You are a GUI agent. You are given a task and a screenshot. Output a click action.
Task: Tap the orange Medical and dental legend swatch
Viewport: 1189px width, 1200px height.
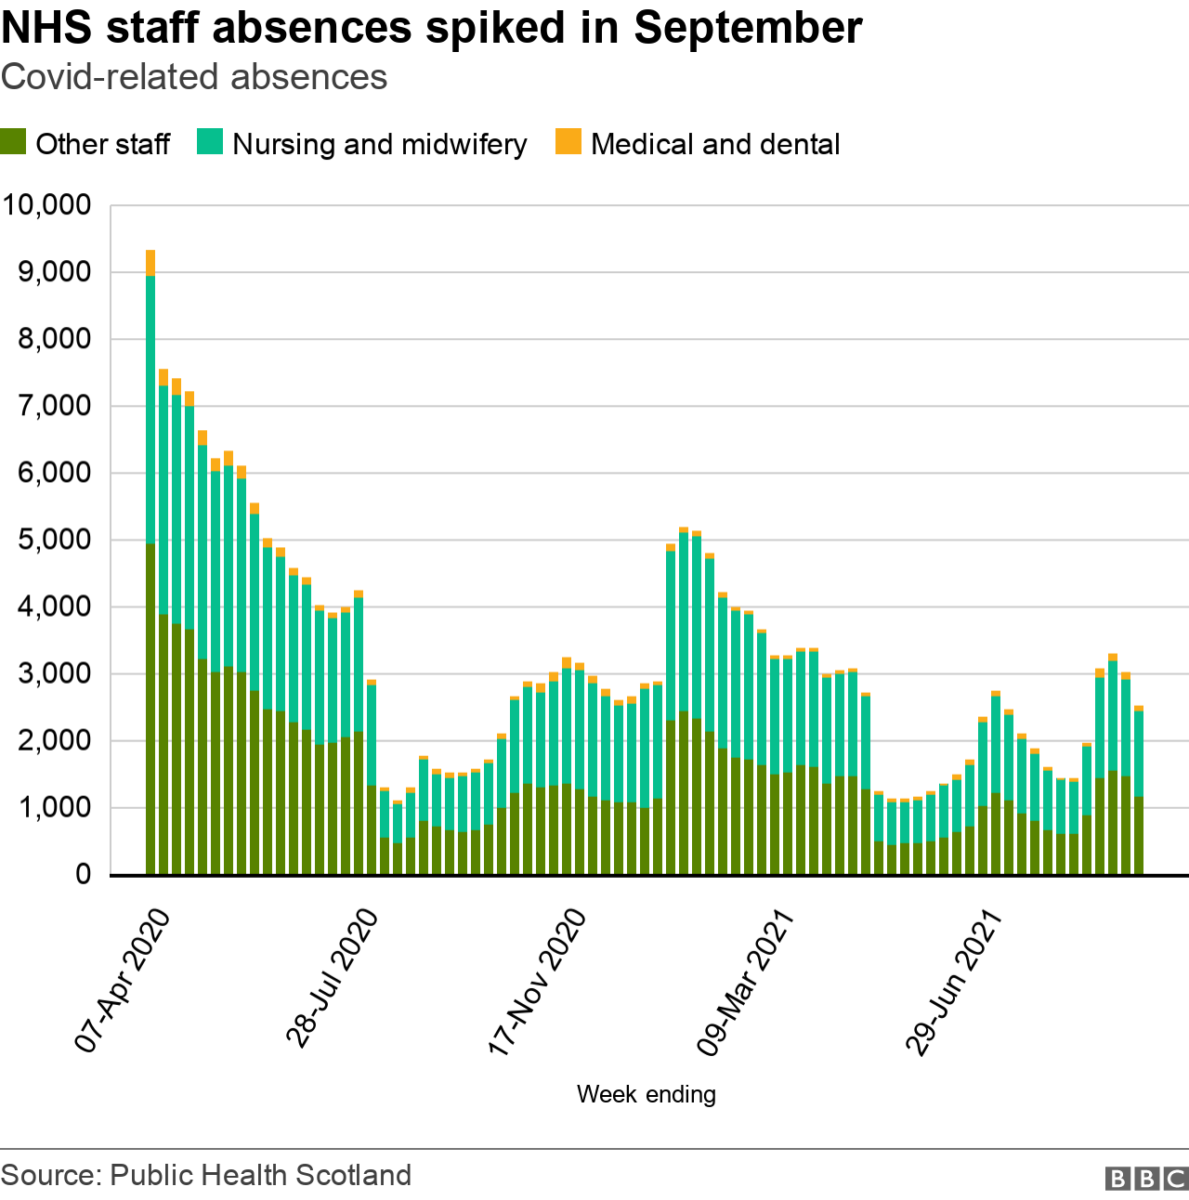point(568,142)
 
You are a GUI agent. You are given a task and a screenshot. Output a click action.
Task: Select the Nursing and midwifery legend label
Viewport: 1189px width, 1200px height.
point(379,144)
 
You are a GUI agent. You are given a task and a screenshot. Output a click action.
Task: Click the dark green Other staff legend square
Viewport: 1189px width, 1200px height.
point(13,142)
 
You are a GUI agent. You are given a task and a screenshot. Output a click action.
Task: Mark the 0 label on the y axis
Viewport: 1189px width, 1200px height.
point(83,875)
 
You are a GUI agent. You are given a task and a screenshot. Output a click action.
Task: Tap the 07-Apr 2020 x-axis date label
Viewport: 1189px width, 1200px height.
point(123,981)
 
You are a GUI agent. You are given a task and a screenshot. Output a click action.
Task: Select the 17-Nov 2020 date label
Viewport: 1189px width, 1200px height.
point(537,981)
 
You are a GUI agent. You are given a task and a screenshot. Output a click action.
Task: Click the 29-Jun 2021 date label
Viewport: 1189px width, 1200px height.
point(955,981)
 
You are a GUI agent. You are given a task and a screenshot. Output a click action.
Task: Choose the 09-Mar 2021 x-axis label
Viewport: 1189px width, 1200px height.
point(745,981)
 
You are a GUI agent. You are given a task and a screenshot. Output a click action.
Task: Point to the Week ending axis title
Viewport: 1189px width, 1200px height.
point(646,1094)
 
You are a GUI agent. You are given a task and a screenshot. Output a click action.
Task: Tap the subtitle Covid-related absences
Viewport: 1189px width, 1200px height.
point(194,77)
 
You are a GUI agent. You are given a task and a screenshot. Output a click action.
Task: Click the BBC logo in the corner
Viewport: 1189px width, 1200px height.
point(1146,1178)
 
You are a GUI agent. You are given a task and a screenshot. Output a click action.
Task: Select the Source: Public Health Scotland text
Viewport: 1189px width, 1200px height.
point(206,1175)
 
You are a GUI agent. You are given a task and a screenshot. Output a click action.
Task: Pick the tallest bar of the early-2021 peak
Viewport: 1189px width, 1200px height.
point(684,706)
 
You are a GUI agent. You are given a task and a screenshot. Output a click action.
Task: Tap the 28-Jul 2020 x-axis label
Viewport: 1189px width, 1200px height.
point(332,981)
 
